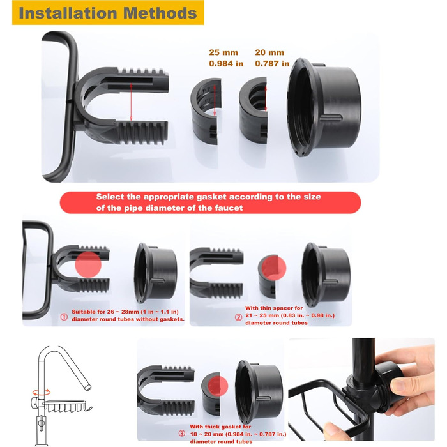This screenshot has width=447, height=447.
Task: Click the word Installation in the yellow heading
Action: [x=68, y=13]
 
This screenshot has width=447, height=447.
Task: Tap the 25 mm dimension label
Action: [x=223, y=52]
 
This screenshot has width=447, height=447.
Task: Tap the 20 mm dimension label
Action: [x=269, y=52]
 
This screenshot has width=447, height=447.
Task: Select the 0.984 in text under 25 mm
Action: [x=226, y=63]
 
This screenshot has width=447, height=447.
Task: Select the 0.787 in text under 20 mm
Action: [x=272, y=63]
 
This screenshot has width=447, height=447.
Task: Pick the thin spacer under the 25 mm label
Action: [x=206, y=111]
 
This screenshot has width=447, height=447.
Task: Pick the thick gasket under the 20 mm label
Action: [x=253, y=110]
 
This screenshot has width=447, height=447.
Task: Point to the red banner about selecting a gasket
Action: [x=210, y=202]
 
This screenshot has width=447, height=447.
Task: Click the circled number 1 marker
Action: [x=64, y=317]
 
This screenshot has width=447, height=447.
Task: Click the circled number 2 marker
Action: [x=238, y=317]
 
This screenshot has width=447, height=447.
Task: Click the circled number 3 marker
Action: [x=182, y=434]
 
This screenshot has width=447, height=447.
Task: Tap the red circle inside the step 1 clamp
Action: [x=88, y=265]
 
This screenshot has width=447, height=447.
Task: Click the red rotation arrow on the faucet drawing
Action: [x=42, y=392]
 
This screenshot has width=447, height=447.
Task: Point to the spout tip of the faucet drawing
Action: [x=88, y=387]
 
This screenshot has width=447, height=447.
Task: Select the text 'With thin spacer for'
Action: [x=274, y=308]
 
